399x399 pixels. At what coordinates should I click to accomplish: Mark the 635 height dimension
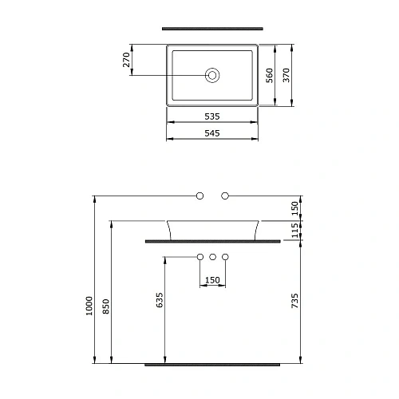160,299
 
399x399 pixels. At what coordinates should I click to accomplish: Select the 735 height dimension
294,301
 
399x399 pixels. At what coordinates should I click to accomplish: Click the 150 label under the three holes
212,280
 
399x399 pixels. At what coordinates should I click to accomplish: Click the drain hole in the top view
212,76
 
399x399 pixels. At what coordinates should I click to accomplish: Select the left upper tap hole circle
199,196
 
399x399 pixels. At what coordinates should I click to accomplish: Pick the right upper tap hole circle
225,196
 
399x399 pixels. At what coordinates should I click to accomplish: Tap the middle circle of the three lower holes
212,257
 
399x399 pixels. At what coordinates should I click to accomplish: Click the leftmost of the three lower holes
199,257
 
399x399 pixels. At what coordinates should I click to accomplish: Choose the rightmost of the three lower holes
225,257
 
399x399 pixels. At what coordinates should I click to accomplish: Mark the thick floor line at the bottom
212,364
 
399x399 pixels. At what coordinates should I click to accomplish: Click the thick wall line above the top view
212,28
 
